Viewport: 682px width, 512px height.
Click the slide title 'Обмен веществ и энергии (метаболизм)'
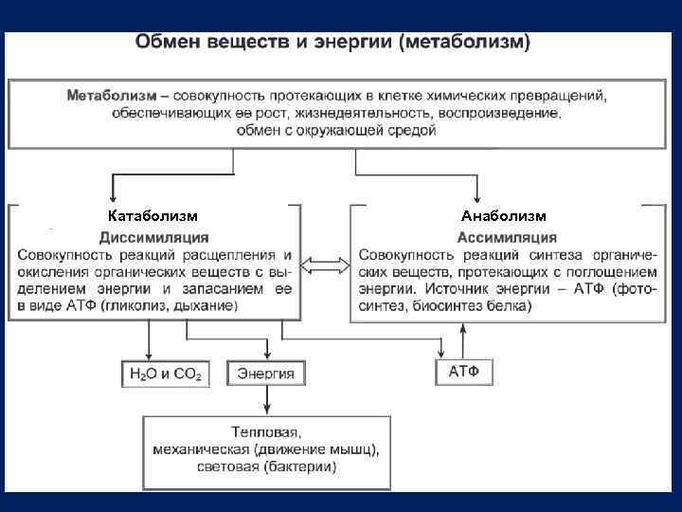point(333,43)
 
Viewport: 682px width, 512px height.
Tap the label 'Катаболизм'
point(153,215)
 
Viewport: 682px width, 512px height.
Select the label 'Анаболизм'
point(503,215)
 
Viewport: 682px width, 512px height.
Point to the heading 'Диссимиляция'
point(154,236)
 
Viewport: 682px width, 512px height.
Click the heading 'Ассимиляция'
point(502,236)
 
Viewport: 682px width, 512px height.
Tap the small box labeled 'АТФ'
point(463,371)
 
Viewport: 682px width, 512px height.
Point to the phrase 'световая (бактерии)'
point(266,466)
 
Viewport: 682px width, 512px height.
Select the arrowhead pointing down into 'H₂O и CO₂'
point(148,354)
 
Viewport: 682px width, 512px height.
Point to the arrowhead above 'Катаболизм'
point(114,195)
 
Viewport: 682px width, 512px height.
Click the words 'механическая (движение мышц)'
point(266,449)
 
